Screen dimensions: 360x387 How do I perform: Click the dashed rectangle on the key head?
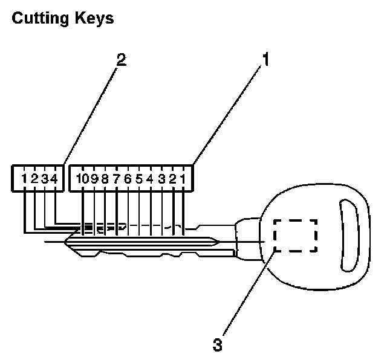click(x=295, y=235)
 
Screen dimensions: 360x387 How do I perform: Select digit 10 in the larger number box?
click(x=82, y=178)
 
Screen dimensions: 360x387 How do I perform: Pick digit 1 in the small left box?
click(x=24, y=178)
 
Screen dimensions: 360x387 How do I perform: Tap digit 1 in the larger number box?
click(x=183, y=178)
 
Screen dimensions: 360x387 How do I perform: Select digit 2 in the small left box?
click(x=34, y=178)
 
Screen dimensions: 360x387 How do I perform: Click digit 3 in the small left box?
click(x=44, y=178)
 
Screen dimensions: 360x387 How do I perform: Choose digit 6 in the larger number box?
click(x=128, y=178)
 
